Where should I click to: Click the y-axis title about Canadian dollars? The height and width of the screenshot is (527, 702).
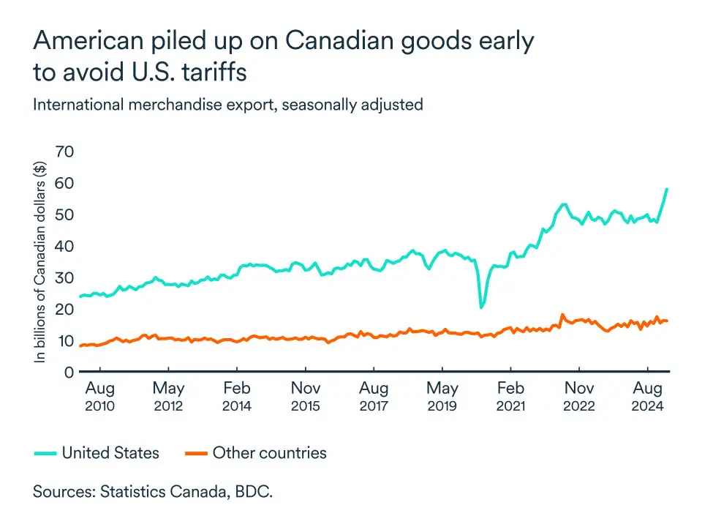[41, 260]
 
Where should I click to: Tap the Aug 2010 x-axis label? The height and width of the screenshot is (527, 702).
[99, 396]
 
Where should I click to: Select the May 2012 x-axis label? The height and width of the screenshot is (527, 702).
[168, 396]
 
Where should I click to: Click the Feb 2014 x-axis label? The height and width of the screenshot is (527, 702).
[237, 396]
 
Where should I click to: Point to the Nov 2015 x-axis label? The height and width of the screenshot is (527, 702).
[305, 396]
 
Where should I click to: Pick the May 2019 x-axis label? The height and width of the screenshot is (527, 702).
[442, 396]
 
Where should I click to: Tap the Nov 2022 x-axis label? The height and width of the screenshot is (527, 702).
[579, 396]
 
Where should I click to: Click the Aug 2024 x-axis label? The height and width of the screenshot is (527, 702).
[648, 396]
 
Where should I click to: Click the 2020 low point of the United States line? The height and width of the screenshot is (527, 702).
[481, 307]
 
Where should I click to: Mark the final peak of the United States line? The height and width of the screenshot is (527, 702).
[667, 189]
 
